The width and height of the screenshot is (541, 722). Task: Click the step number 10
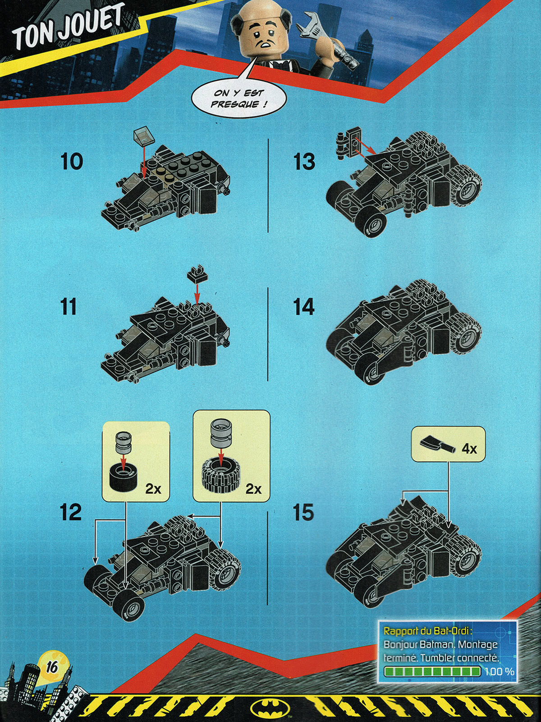tap(72, 162)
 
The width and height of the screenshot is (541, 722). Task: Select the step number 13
tap(304, 162)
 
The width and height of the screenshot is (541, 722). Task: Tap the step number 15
tap(303, 513)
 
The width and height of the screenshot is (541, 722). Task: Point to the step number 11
tap(68, 307)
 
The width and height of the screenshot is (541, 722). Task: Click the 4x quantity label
tap(469, 449)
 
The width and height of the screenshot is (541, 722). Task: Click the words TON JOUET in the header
tap(68, 28)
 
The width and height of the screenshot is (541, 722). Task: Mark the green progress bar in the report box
tap(432, 672)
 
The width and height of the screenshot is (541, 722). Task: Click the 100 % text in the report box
tap(500, 671)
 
